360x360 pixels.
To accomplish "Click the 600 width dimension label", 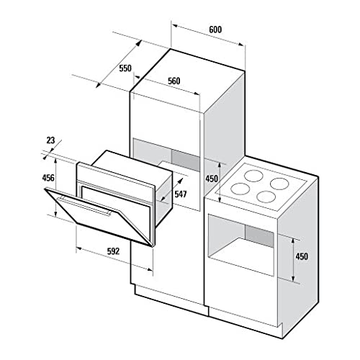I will (x=215, y=30).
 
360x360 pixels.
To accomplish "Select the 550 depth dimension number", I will (x=125, y=68).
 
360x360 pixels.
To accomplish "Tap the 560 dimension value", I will (x=174, y=81).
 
